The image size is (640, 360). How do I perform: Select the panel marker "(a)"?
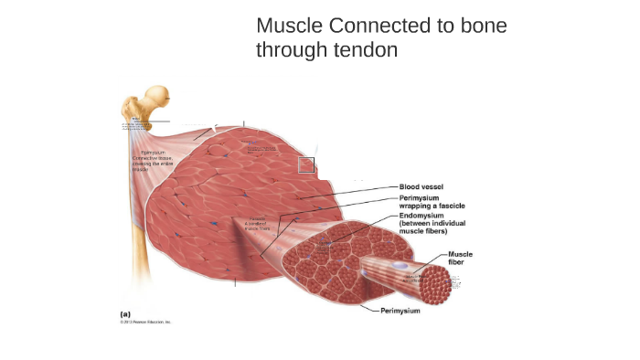coord(125,313)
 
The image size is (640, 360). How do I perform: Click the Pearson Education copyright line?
coord(145,322)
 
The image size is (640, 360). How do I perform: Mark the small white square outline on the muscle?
coord(306,164)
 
